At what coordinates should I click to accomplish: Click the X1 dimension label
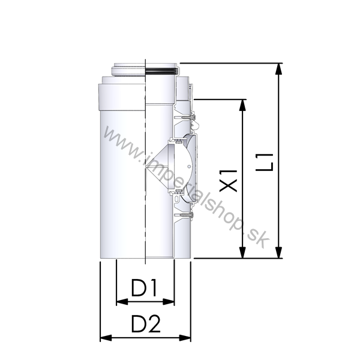coord(228,181)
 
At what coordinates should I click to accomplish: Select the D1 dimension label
coord(144,287)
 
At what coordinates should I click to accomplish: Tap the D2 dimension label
coord(146,324)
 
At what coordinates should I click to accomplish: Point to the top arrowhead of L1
coord(278,68)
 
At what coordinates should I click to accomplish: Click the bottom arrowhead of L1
coord(278,253)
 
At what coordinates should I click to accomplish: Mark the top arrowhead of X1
coord(242,105)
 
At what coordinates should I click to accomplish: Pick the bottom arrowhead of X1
coord(242,253)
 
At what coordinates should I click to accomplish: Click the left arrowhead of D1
coord(122,302)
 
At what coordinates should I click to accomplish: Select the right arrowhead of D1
coord(169,302)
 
